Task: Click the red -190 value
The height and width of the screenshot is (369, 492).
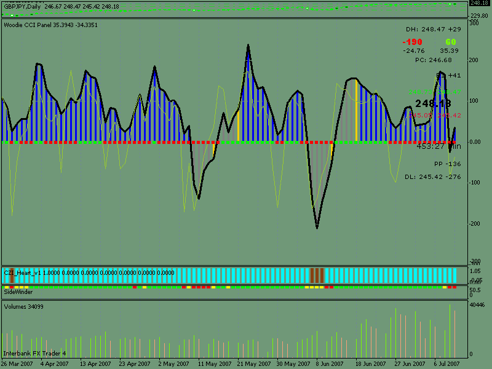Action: pyautogui.click(x=413, y=42)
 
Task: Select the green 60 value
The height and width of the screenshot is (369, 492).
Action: pyautogui.click(x=451, y=42)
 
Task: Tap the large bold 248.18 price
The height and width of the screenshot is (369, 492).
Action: pyautogui.click(x=433, y=103)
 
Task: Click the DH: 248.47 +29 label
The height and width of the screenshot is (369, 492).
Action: pyautogui.click(x=433, y=30)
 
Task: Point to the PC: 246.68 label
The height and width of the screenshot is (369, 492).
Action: pyautogui.click(x=433, y=60)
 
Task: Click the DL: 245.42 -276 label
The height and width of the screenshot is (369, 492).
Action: pyautogui.click(x=433, y=177)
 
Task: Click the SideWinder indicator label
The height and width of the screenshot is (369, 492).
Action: pyautogui.click(x=18, y=292)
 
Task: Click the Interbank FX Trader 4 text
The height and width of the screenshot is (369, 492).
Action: pyautogui.click(x=34, y=354)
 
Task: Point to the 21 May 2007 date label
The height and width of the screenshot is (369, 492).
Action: pyautogui.click(x=251, y=364)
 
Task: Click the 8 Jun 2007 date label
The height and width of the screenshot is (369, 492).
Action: pyautogui.click(x=325, y=364)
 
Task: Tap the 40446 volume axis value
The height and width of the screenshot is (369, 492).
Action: pyautogui.click(x=478, y=304)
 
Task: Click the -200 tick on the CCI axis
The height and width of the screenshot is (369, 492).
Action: pyautogui.click(x=475, y=223)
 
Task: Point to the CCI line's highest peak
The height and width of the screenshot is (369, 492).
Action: pyautogui.click(x=248, y=45)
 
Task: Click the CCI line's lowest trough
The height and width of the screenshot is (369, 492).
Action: pyautogui.click(x=317, y=228)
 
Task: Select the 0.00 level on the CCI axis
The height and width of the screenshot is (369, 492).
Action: pyautogui.click(x=475, y=142)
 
